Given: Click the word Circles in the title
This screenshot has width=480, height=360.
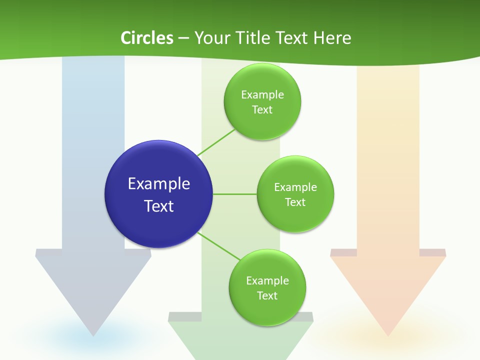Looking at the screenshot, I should click(x=147, y=38).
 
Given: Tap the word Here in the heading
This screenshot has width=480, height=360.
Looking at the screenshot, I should click(x=332, y=38).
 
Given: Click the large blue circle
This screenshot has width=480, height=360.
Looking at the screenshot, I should click(x=159, y=194).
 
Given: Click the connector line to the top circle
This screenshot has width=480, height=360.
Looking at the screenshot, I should click(x=216, y=142).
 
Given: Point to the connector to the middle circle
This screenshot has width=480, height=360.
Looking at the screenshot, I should click(x=235, y=194).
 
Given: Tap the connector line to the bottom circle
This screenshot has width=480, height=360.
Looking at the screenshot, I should click(x=218, y=246).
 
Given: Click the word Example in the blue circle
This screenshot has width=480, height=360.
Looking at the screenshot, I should click(x=159, y=183).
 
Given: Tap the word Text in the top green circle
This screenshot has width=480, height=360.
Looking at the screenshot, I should click(x=262, y=109).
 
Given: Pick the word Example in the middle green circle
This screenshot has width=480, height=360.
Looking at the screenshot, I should click(x=295, y=187).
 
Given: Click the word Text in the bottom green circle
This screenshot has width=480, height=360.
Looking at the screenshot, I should click(x=267, y=295).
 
